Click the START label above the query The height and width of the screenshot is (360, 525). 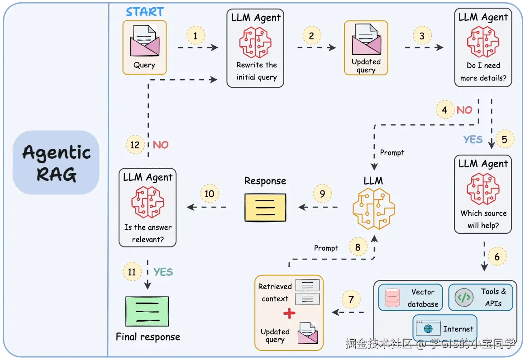145,11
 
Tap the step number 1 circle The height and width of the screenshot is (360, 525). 196,35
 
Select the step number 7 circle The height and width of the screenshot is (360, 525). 351,299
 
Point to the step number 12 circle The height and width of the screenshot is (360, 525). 135,145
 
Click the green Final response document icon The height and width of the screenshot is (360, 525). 148,311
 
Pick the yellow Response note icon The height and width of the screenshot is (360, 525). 265,208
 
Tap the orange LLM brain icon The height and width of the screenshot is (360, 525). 373,208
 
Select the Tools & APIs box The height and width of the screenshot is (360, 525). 480,297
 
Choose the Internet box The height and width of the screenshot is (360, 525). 445,329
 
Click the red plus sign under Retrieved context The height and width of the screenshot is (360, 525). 289,313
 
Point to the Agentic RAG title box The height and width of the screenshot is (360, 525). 56,162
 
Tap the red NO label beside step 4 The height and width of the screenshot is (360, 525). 464,110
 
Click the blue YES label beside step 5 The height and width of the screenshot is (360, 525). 473,139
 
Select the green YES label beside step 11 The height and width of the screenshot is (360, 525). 163,272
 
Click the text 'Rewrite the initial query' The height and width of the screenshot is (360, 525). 256,71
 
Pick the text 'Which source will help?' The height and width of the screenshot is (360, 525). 483,219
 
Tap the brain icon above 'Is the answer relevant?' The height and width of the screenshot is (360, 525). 148,202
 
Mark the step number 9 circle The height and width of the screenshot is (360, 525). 322,194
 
